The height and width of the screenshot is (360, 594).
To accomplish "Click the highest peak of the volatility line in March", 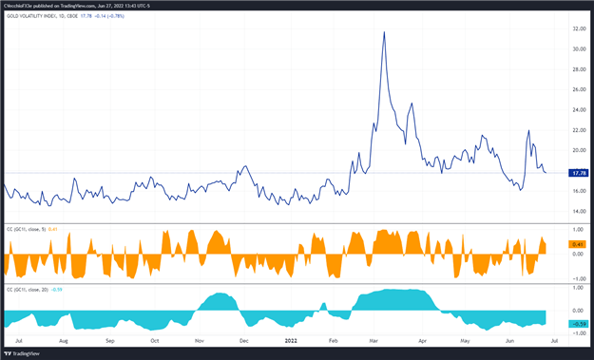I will coord(384,32).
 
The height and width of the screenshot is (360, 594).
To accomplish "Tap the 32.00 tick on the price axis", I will coord(577,29).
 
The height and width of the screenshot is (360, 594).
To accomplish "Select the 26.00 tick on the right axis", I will coord(577,90).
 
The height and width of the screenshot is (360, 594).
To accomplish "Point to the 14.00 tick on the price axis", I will coord(577,211).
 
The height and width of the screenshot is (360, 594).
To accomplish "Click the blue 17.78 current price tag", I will coord(576,173).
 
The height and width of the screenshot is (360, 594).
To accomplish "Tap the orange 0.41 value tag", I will coord(577,244).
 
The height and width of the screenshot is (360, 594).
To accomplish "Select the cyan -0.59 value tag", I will coord(577,324).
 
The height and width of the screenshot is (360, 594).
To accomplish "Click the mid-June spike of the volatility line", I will coord(528,131).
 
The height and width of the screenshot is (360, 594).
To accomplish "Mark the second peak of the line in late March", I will coord(412,104).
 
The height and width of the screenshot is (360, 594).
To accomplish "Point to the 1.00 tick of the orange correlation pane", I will coord(577,230).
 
